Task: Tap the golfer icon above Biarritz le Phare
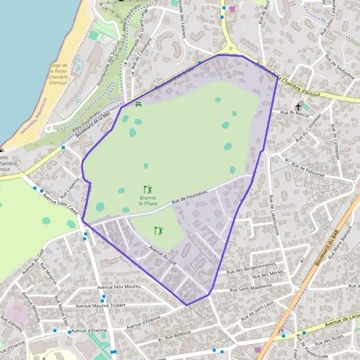pos(148,189)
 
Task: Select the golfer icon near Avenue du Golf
pos(158,230)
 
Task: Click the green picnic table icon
pos(139,105)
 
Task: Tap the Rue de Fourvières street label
pos(189,197)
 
